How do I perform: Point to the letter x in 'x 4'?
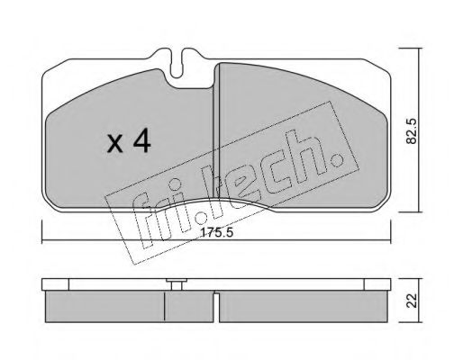coord(115,144)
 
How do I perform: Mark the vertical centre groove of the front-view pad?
coord(213,135)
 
